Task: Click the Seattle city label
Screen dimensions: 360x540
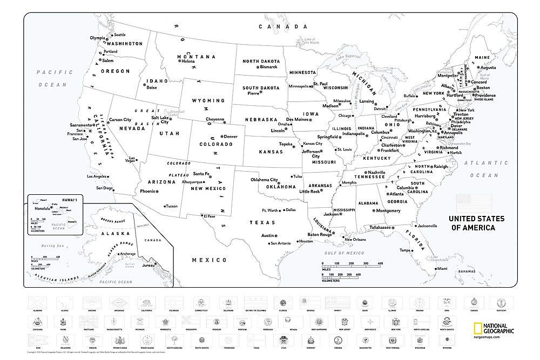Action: tap(119, 35)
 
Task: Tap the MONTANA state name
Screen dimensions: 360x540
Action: tap(197, 57)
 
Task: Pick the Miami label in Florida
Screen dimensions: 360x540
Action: tap(442, 268)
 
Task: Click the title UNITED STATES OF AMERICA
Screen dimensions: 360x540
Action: tap(477, 223)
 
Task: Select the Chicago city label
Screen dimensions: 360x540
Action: tap(345, 116)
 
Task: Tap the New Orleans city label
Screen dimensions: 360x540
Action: tap(355, 240)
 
